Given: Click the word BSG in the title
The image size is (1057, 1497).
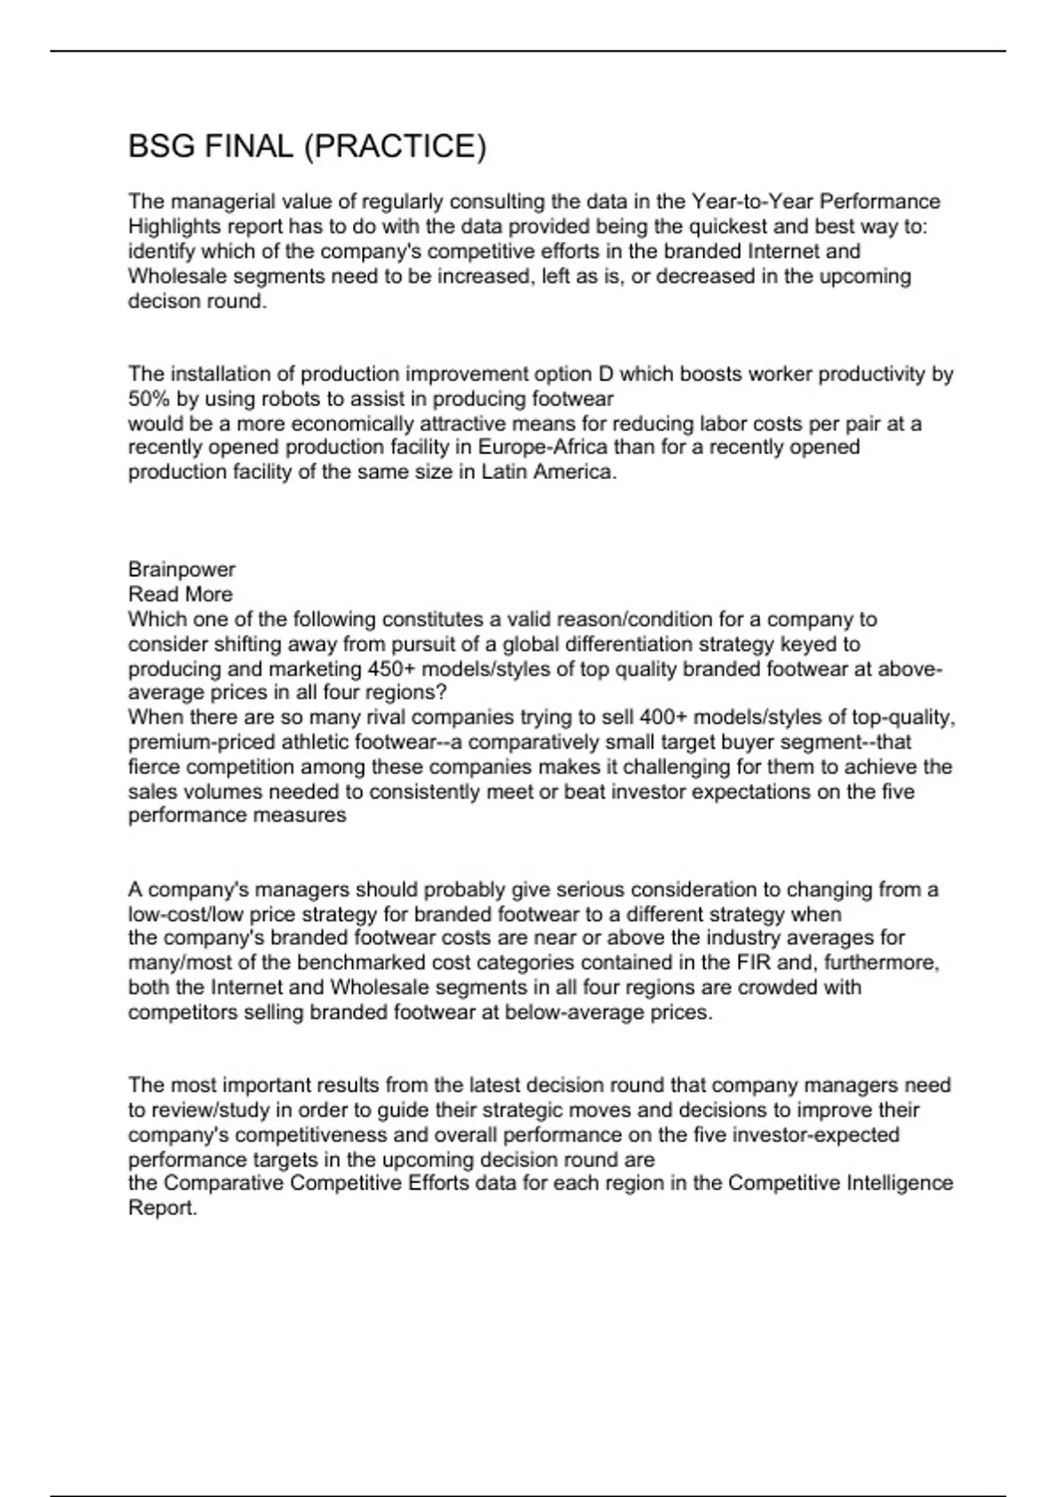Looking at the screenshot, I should [162, 146].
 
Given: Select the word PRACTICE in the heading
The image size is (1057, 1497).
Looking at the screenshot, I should [395, 146].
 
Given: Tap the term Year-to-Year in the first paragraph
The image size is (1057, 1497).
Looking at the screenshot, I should [752, 202].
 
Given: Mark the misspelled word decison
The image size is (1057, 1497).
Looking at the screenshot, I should [164, 301].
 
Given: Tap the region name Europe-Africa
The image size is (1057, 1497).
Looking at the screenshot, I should [543, 447].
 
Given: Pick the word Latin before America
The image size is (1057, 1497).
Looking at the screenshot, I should [504, 472].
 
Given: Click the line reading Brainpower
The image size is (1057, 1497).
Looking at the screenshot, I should [181, 570].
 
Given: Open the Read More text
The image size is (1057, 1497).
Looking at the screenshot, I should [181, 594].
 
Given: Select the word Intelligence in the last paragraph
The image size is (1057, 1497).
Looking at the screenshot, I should [899, 1183].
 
